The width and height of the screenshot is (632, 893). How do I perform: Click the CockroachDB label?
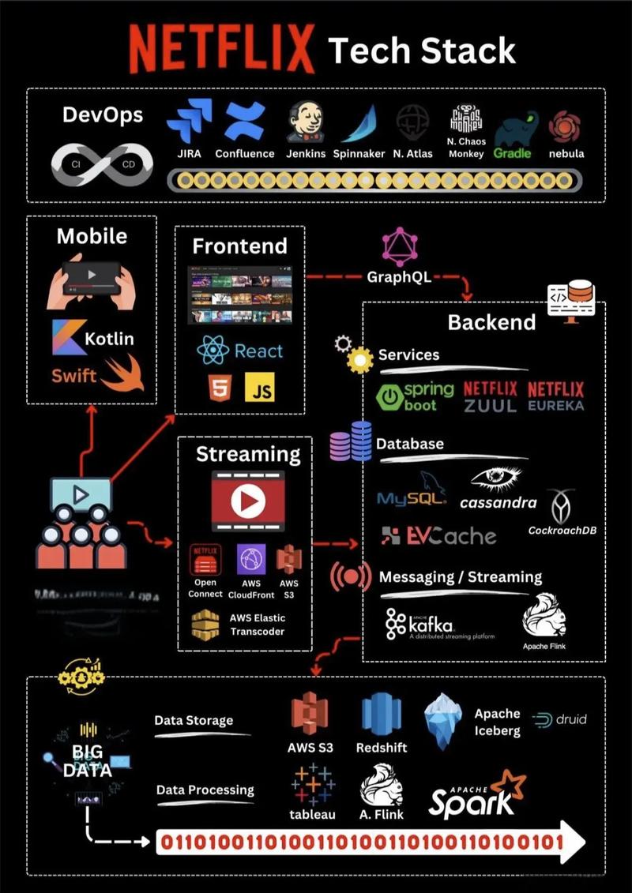562,530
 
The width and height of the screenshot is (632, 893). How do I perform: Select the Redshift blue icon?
381,715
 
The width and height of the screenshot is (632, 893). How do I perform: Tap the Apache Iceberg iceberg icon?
446,720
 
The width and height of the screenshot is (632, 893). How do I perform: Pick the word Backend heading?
491,322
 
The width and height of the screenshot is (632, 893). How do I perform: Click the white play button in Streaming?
248,501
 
